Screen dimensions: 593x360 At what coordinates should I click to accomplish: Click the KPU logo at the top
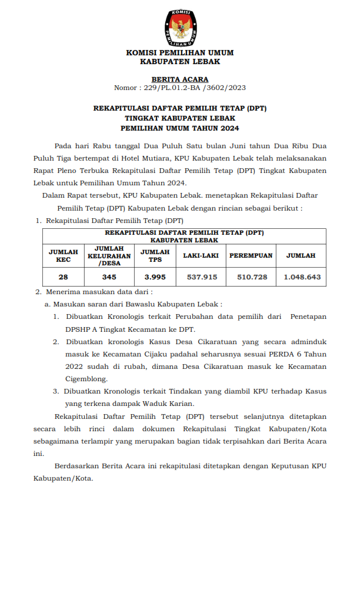click(x=179, y=28)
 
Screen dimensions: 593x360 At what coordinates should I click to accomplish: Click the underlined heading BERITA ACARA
click(x=180, y=79)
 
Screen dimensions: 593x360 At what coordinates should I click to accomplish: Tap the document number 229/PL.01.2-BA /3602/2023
click(x=194, y=88)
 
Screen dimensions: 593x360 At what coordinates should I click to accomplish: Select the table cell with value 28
click(x=63, y=276)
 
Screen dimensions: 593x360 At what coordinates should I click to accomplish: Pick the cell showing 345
click(x=109, y=276)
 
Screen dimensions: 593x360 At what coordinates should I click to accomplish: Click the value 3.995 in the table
click(x=155, y=276)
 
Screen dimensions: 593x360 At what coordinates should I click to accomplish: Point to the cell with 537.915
click(x=202, y=276)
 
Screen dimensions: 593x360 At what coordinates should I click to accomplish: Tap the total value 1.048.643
click(x=302, y=276)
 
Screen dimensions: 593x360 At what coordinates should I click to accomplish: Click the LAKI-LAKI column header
click(x=201, y=256)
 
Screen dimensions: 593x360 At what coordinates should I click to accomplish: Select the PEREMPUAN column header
click(x=251, y=256)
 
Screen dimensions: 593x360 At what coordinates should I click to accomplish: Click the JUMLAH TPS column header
click(x=155, y=256)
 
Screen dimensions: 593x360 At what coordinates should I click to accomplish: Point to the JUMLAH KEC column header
click(x=63, y=256)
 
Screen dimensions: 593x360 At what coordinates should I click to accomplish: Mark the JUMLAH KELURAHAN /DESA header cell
click(x=109, y=256)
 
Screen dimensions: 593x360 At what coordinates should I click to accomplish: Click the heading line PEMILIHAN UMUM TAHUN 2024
click(x=180, y=128)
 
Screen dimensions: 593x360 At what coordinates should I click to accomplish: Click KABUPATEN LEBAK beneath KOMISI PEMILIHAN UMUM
click(x=180, y=61)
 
